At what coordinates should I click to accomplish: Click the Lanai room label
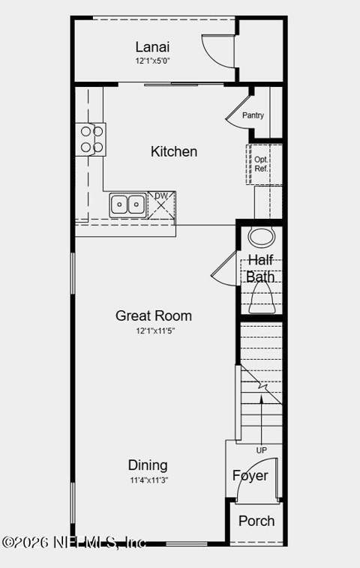point(152,47)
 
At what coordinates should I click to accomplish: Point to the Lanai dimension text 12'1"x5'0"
point(153,61)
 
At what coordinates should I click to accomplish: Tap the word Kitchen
point(174,151)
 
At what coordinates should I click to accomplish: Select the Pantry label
point(253,115)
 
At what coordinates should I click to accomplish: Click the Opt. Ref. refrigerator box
point(264,164)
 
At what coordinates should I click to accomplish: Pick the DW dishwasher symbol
point(162,205)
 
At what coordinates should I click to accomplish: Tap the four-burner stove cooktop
point(91,139)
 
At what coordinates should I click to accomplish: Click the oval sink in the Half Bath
point(261,238)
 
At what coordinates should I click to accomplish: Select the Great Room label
point(154,315)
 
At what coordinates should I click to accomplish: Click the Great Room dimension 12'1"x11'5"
point(155,330)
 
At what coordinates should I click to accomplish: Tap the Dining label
point(148,465)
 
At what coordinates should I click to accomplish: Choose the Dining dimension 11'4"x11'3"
point(149,480)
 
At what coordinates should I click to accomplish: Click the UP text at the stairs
point(262,450)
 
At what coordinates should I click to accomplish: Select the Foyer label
point(250,476)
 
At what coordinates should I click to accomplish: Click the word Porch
point(256,522)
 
